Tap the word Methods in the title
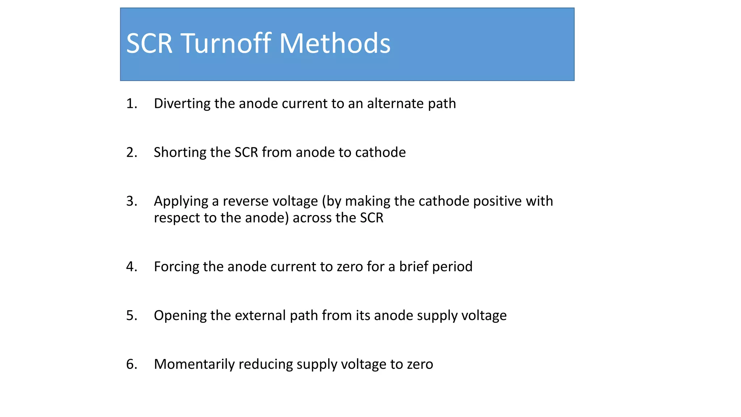coord(335,43)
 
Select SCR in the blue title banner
coord(149,43)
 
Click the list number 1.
coord(131,104)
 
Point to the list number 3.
coord(131,201)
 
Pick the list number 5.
coord(131,316)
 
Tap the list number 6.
coord(131,364)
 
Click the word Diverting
coord(182,104)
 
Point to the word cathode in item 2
coord(381,152)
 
